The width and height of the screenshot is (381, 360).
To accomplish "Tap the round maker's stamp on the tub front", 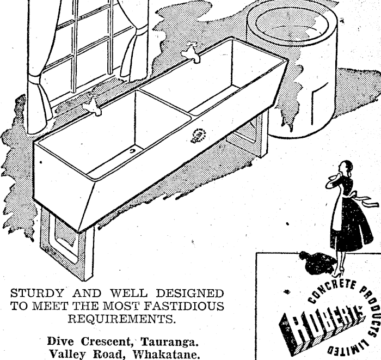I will point(198,135).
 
